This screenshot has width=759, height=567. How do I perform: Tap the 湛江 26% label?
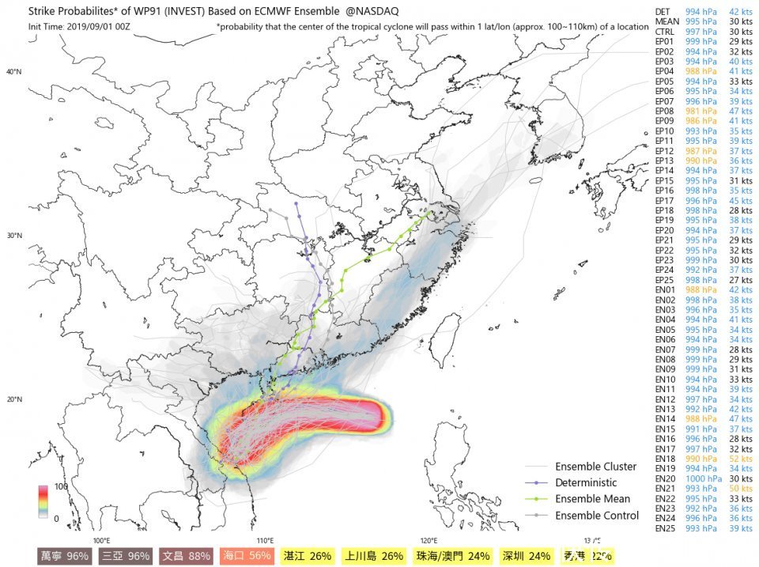click(308, 556)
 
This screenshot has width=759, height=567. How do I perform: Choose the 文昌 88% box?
click(186, 556)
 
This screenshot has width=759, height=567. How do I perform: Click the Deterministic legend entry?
click(586, 482)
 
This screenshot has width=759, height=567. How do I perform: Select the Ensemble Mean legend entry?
click(592, 499)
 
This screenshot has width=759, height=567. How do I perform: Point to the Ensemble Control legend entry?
click(597, 516)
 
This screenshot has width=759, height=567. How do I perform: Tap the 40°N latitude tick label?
click(14, 72)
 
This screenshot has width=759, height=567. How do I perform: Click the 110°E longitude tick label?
click(265, 540)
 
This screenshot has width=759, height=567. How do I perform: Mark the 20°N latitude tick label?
click(14, 399)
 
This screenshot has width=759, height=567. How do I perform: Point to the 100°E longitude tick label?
click(101, 540)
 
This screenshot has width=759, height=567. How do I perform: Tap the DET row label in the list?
click(663, 11)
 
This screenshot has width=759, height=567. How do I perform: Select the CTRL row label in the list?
click(664, 31)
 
